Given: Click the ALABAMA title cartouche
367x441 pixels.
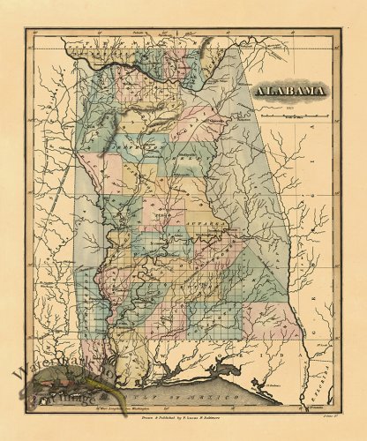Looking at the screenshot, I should pyautogui.click(x=290, y=90).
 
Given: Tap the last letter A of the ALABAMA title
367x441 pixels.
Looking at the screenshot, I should pyautogui.click(x=322, y=90).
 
